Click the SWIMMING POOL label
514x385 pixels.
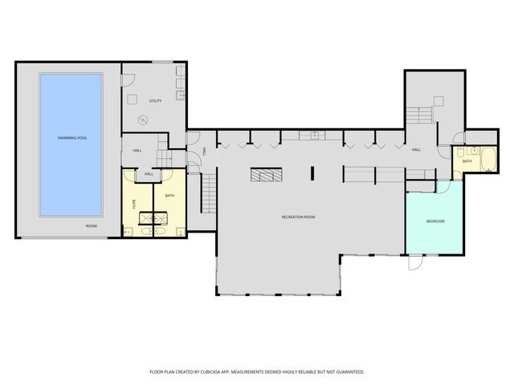pyautogui.click(x=71, y=138)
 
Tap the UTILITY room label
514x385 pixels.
pyautogui.click(x=155, y=100)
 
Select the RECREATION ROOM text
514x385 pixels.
pyautogui.click(x=297, y=217)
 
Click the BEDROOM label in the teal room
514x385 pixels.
pyautogui.click(x=434, y=221)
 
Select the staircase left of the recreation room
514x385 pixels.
pyautogui.click(x=208, y=192)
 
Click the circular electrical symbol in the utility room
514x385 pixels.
pyautogui.click(x=144, y=121)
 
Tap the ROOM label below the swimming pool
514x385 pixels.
pyautogui.click(x=92, y=226)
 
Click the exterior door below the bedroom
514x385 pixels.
pyautogui.click(x=414, y=263)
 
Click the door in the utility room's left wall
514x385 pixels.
pyautogui.click(x=124, y=79)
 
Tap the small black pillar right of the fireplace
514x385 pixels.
pyautogui.click(x=313, y=172)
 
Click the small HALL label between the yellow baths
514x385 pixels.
pyautogui.click(x=149, y=173)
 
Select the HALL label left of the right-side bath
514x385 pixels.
pyautogui.click(x=416, y=149)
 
